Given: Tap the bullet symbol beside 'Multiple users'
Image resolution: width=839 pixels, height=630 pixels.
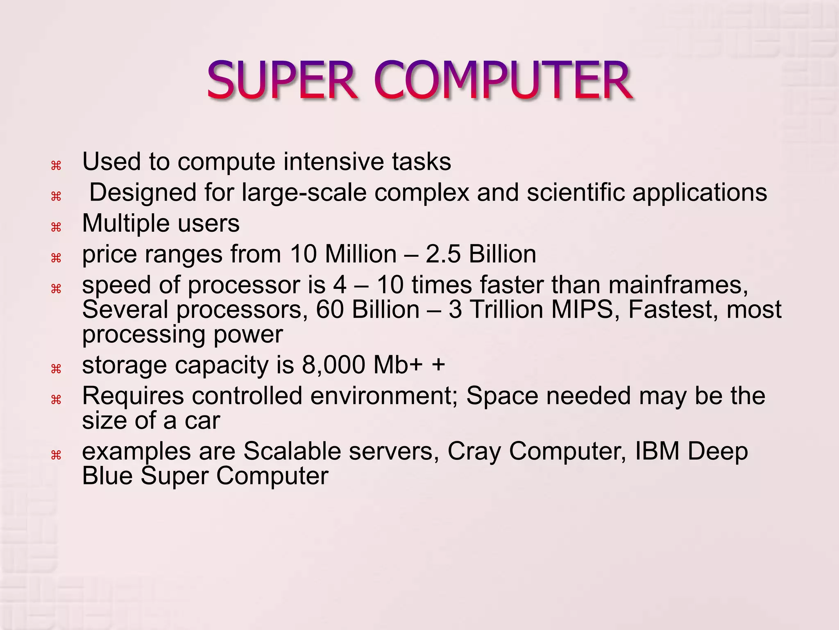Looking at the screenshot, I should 56,227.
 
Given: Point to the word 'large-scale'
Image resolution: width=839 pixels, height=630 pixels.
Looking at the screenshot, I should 304,192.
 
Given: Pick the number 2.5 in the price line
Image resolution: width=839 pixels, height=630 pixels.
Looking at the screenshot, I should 443,254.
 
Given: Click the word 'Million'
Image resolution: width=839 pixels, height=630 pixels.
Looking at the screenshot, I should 361,254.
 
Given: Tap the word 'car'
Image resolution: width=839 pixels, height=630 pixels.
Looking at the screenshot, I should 202,421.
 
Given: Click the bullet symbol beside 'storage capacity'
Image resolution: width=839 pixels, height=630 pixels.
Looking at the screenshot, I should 56,369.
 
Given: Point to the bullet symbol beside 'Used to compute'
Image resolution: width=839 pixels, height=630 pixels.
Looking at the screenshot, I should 56,166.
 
